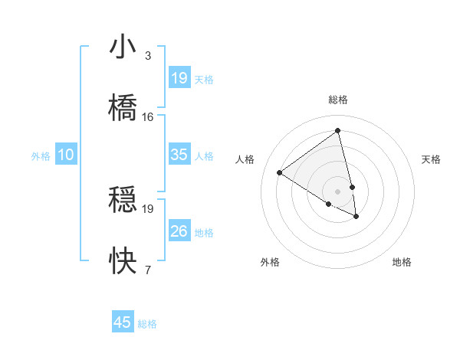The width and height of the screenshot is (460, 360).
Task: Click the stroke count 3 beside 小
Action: pyautogui.click(x=147, y=56)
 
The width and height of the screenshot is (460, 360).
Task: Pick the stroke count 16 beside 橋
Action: pyautogui.click(x=147, y=116)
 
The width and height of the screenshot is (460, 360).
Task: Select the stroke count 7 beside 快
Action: pyautogui.click(x=147, y=270)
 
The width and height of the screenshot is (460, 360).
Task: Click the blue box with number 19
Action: pyautogui.click(x=179, y=78)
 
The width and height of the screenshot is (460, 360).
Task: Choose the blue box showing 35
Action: pyautogui.click(x=179, y=155)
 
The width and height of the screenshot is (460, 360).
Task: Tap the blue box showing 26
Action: pyautogui.click(x=179, y=231)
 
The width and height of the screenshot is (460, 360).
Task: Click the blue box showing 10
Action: pyautogui.click(x=66, y=155)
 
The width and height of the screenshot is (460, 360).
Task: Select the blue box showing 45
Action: pyautogui.click(x=123, y=322)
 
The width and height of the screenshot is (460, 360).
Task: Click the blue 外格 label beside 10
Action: pyautogui.click(x=41, y=156)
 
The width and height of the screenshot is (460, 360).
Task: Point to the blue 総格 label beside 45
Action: pyautogui.click(x=147, y=324)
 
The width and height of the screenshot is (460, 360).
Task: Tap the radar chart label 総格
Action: pyautogui.click(x=338, y=100)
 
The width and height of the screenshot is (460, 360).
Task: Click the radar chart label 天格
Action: pyautogui.click(x=432, y=159)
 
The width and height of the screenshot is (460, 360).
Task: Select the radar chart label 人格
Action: pyautogui.click(x=245, y=159)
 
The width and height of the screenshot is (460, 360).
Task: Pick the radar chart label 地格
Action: pyautogui.click(x=402, y=262)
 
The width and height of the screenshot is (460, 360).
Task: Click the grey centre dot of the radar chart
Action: pyautogui.click(x=338, y=191)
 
